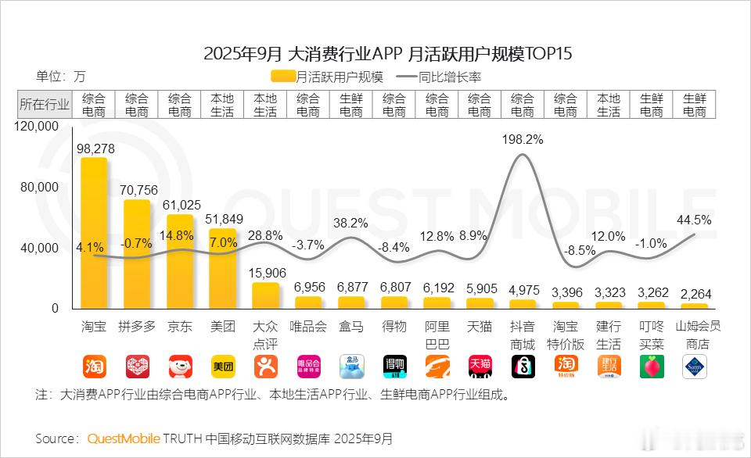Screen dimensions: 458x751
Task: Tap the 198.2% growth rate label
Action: pos(524,140)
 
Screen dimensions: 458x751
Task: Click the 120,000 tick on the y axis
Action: pos(38,126)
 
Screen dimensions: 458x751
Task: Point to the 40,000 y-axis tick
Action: pos(39,248)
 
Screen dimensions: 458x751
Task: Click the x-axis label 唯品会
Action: pos(308,326)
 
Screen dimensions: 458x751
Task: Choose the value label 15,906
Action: pos(265,272)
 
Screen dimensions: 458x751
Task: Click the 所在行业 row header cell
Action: pos(44,105)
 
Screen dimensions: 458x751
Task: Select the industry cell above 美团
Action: pos(222,105)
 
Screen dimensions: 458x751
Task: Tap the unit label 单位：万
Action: pos(61,77)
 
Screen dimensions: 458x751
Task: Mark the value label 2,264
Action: pos(694,294)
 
